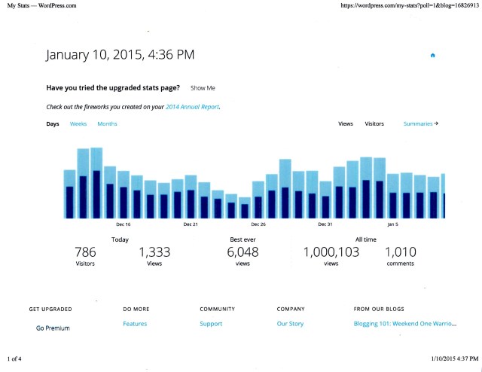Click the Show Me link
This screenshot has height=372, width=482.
[x=203, y=88]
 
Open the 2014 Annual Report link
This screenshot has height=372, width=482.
[x=192, y=107]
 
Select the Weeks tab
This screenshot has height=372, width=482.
[x=78, y=123]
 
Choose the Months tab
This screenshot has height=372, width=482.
[x=107, y=123]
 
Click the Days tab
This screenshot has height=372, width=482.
[x=53, y=123]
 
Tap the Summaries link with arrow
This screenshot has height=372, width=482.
[x=420, y=123]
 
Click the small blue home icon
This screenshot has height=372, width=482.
[x=432, y=55]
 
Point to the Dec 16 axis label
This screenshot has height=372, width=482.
[x=124, y=224]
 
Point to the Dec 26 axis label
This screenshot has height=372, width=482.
[x=258, y=224]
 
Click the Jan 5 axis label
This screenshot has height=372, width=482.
[x=392, y=224]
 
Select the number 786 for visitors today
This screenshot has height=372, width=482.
[x=85, y=253]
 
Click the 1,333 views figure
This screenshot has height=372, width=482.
[x=155, y=253]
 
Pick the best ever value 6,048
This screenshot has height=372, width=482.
[x=243, y=253]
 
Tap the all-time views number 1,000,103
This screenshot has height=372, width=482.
[x=331, y=253]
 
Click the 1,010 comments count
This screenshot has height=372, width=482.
[x=400, y=253]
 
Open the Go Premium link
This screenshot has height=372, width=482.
[x=52, y=328]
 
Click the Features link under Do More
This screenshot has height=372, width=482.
[x=135, y=324]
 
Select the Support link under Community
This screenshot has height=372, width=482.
[x=211, y=324]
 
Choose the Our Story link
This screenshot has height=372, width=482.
[x=291, y=324]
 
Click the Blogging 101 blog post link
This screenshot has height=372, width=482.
[x=404, y=324]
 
